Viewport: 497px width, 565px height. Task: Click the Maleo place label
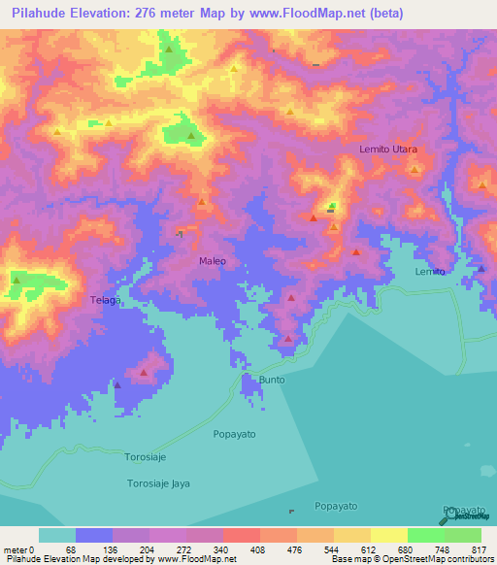[x=213, y=261]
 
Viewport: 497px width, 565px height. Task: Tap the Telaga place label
[x=105, y=300]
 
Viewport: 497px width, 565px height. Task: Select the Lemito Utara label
[x=388, y=149]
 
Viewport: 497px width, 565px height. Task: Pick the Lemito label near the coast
[x=430, y=271]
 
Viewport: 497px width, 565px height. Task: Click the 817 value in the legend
[x=477, y=548]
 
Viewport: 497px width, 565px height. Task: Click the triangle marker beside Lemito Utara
[x=415, y=170]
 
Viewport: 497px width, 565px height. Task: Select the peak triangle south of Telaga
[x=144, y=371]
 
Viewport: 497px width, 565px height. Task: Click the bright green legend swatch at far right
[x=462, y=535]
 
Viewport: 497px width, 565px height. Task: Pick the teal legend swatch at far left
[x=57, y=535]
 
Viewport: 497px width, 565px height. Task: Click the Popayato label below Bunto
[x=234, y=434]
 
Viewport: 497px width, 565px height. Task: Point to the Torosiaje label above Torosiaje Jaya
[x=149, y=455]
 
